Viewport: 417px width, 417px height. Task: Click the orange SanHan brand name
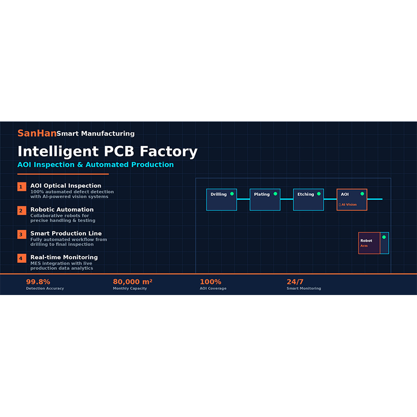(x=37, y=133)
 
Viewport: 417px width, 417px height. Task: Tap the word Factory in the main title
(x=168, y=151)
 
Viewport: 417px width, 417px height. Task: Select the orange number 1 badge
(x=21, y=187)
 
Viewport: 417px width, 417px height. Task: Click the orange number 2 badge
(x=21, y=211)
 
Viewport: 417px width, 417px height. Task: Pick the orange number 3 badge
(x=21, y=235)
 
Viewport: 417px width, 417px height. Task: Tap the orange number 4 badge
(x=21, y=258)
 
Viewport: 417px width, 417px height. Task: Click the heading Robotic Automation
(x=62, y=210)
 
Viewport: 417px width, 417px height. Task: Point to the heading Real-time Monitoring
(x=64, y=257)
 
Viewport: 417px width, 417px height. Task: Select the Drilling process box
(x=222, y=200)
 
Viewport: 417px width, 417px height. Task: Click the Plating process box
(x=265, y=200)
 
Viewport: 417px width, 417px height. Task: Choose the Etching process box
(x=309, y=200)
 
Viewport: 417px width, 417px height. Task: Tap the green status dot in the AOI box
(x=362, y=194)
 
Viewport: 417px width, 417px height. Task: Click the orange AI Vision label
(x=349, y=204)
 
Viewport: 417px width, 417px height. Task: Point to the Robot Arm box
(x=374, y=243)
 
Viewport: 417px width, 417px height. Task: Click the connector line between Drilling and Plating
(x=243, y=199)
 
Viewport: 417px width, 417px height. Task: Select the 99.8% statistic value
(x=38, y=281)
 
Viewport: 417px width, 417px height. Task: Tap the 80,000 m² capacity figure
(x=132, y=281)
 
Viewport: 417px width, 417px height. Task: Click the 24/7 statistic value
(x=295, y=281)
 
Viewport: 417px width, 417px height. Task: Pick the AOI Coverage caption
(x=213, y=288)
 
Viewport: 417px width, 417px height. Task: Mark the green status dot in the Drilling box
(x=232, y=194)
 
